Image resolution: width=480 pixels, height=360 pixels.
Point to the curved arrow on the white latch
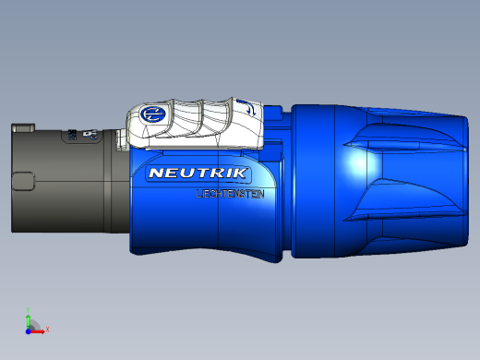pyautogui.click(x=246, y=108)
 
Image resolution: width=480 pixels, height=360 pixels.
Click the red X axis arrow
pyautogui.click(x=39, y=328)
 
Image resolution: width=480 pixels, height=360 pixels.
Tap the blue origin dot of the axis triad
pyautogui.click(x=29, y=328)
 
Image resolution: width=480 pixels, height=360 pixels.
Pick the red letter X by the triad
pyautogui.click(x=46, y=329)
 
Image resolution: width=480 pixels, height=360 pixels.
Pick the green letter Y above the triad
pyautogui.click(x=29, y=309)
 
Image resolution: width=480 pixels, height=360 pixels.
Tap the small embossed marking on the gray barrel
pyautogui.click(x=89, y=136)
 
